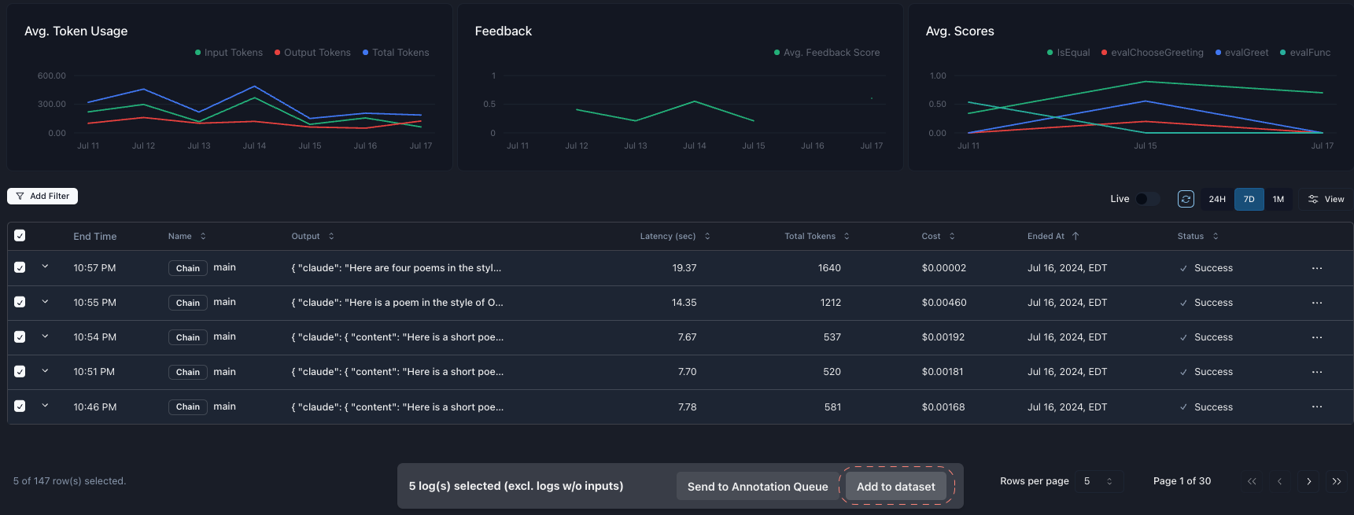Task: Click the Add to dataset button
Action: tap(895, 487)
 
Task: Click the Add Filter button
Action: tap(42, 196)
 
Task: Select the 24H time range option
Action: tap(1216, 199)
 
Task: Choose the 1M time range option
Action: tap(1278, 199)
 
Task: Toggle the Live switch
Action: tap(1146, 199)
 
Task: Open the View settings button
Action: tap(1326, 199)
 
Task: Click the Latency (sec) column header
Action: tap(668, 236)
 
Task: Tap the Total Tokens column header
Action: tap(810, 236)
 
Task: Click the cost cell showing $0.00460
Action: tap(943, 303)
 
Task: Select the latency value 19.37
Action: tap(684, 268)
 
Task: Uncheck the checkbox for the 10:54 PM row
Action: tap(20, 337)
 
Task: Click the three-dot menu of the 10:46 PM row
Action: tap(1316, 406)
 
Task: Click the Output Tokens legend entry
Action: tap(316, 53)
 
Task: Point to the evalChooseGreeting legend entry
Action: tap(1157, 53)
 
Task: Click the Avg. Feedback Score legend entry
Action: tap(831, 53)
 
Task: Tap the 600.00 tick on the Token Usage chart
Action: tap(52, 75)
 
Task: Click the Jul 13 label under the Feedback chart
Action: tap(635, 145)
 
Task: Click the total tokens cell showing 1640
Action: tap(828, 268)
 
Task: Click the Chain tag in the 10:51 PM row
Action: tap(187, 372)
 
